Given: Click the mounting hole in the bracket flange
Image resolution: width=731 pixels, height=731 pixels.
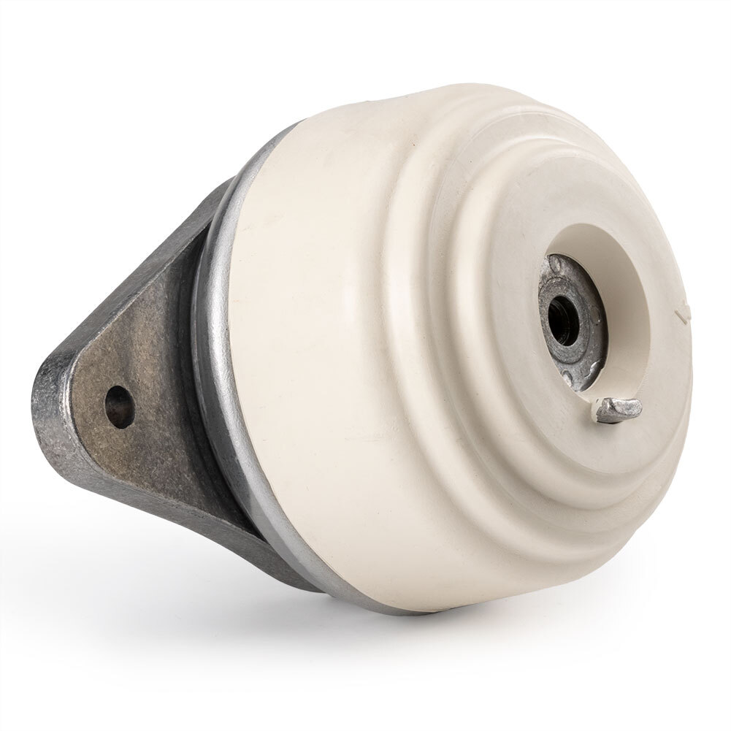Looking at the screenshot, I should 119,406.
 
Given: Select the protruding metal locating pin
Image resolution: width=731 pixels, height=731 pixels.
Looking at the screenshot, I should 618,410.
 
